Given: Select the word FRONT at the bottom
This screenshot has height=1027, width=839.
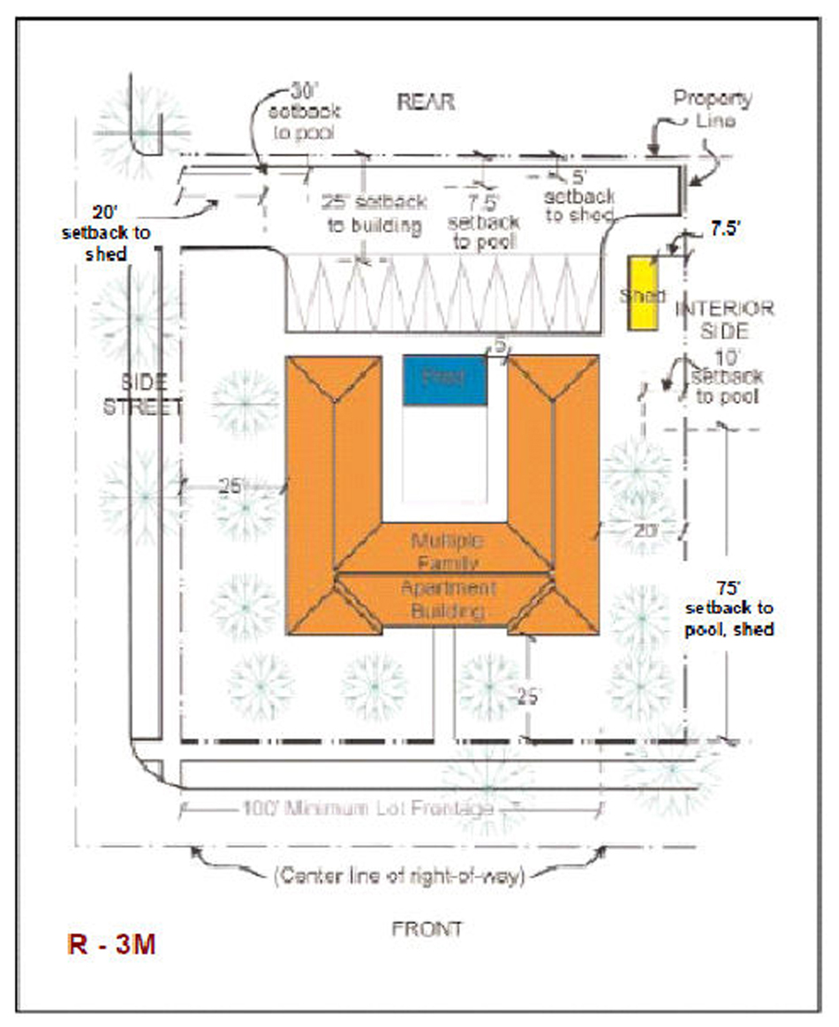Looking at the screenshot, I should [x=427, y=928].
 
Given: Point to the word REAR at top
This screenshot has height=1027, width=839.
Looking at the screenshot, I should [x=425, y=102].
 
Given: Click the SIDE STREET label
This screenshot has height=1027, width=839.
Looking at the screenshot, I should [x=144, y=396].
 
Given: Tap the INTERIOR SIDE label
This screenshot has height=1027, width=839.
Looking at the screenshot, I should [x=724, y=320].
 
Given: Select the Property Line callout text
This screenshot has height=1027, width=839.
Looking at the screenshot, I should [x=712, y=108].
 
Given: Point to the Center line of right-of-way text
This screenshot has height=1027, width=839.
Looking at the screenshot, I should [x=398, y=876].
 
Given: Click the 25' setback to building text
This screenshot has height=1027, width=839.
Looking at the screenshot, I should [x=374, y=214].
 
